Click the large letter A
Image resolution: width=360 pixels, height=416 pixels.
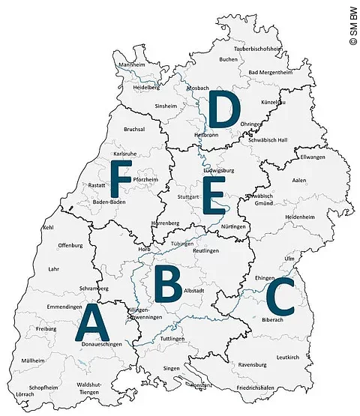click(89, 324)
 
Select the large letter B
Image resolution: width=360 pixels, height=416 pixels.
click(168, 283)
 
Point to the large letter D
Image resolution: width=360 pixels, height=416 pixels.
click(223, 110)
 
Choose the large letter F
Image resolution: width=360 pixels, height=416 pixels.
click(121, 178)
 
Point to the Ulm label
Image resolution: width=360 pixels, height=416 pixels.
click(289, 258)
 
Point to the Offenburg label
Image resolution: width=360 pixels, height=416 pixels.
click(70, 245)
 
